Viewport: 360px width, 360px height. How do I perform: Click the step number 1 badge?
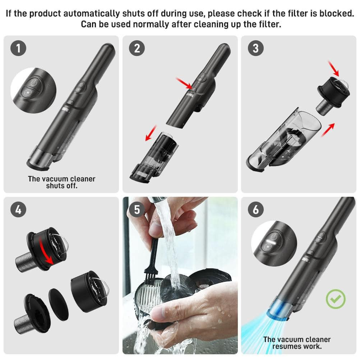tap(18, 48)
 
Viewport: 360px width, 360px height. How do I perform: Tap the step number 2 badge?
tap(137, 48)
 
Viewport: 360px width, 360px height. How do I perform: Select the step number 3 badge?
tap(256, 48)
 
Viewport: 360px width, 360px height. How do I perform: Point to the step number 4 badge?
tap(18, 209)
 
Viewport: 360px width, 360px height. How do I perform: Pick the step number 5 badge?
tap(137, 209)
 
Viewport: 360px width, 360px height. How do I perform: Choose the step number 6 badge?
tap(256, 209)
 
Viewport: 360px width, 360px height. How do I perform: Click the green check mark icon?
tap(336, 299)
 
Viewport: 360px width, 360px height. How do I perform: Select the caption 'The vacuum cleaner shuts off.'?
tap(61, 182)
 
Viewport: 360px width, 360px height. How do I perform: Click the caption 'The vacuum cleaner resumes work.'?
tap(297, 343)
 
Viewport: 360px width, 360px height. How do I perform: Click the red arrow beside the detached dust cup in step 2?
tap(151, 133)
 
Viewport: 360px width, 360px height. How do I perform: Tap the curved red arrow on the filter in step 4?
tap(46, 251)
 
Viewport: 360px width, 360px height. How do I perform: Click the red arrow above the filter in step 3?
tap(333, 68)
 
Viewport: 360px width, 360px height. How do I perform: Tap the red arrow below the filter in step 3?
tap(328, 130)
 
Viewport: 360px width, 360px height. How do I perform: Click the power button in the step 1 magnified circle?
tap(33, 82)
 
